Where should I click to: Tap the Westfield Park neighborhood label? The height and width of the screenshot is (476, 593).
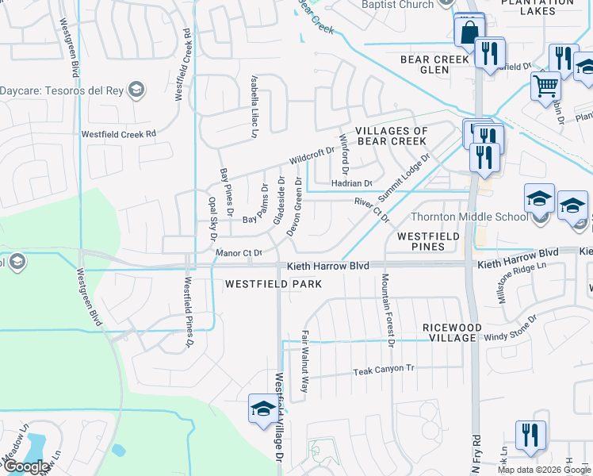pyautogui.click(x=274, y=283)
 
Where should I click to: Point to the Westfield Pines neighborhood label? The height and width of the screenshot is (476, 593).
pyautogui.click(x=432, y=241)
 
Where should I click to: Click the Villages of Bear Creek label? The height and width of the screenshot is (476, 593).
pyautogui.click(x=391, y=136)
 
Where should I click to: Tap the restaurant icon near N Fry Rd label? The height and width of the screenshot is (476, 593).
pyautogui.click(x=530, y=436)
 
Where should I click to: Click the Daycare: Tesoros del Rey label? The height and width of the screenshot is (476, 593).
pyautogui.click(x=63, y=89)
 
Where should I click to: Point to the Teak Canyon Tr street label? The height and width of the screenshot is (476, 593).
pyautogui.click(x=384, y=370)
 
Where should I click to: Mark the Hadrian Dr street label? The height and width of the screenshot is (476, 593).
pyautogui.click(x=351, y=183)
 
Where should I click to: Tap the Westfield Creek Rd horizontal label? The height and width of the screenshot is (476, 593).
pyautogui.click(x=117, y=134)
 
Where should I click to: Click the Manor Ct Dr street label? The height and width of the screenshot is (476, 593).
pyautogui.click(x=239, y=253)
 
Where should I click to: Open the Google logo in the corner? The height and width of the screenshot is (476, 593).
pyautogui.click(x=25, y=466)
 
